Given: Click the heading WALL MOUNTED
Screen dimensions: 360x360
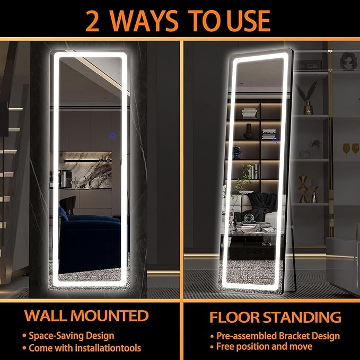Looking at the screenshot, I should tap(86, 316).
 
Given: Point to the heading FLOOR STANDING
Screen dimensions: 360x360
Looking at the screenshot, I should tap(275, 317).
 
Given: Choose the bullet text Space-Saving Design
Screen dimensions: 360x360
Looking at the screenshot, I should tap(71, 336).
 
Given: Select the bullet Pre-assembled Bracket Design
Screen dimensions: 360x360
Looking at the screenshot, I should tap(278, 336).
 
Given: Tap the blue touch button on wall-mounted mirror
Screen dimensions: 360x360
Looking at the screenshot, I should tap(113, 137).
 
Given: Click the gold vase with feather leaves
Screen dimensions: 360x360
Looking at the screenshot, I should tap(308, 101).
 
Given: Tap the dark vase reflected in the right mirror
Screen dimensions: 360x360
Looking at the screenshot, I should tap(249, 131).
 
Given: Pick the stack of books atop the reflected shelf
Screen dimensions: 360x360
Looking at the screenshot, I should tap(250, 113).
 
